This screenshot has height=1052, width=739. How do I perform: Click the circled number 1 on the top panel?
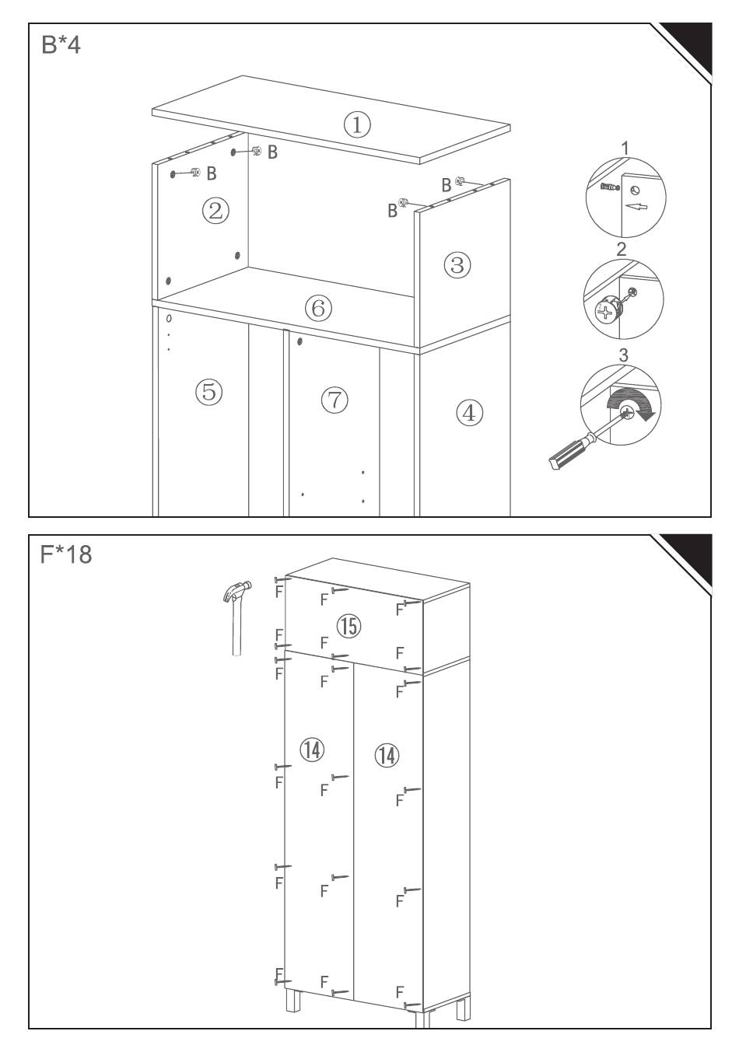click(357, 124)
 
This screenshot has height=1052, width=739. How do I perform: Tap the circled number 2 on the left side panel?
click(215, 209)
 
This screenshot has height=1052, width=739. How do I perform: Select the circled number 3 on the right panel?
click(457, 265)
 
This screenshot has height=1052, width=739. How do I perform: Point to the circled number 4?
click(468, 412)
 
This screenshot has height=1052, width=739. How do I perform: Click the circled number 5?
click(209, 391)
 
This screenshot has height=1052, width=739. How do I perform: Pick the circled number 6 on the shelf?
click(317, 308)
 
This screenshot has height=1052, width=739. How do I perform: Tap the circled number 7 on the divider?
click(334, 400)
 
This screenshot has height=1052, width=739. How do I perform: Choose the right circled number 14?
click(387, 754)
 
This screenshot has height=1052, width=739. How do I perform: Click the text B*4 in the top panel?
click(61, 45)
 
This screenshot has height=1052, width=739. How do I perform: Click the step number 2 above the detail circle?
click(622, 249)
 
